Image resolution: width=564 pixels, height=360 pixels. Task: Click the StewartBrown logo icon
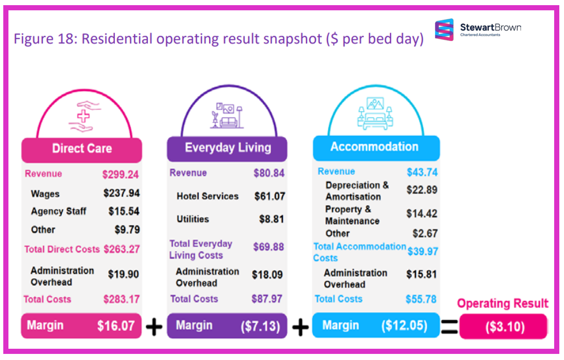click(x=444, y=30)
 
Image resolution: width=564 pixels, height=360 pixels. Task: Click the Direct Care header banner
click(x=82, y=149)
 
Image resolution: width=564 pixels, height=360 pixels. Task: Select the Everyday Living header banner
click(x=228, y=148)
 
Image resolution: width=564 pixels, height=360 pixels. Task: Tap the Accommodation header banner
click(x=374, y=147)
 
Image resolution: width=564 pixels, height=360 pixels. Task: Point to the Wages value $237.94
click(x=121, y=194)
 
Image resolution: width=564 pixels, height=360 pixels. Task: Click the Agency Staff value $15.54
click(x=124, y=211)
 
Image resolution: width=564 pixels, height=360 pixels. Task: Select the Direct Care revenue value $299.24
click(x=120, y=174)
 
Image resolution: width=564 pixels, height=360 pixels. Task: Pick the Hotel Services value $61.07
click(x=269, y=196)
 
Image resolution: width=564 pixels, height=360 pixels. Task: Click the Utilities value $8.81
click(x=272, y=219)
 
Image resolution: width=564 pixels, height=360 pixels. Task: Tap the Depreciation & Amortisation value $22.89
click(x=422, y=190)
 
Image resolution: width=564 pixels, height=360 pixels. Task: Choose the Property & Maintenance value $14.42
click(x=422, y=214)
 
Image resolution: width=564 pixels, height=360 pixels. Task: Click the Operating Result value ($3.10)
click(x=503, y=327)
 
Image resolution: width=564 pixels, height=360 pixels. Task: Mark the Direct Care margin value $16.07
click(x=116, y=326)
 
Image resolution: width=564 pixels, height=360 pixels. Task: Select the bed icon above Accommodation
click(x=375, y=113)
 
